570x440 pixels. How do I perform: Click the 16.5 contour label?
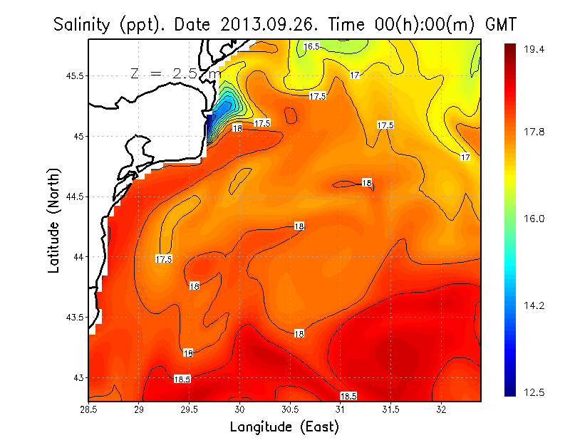(312, 46)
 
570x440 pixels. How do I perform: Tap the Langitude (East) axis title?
(284, 427)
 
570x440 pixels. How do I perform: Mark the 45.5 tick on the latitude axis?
(73, 75)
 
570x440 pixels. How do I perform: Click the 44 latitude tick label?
(78, 256)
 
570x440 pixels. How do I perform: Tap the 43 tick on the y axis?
(78, 377)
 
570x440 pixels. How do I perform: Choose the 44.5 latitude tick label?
(73, 197)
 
